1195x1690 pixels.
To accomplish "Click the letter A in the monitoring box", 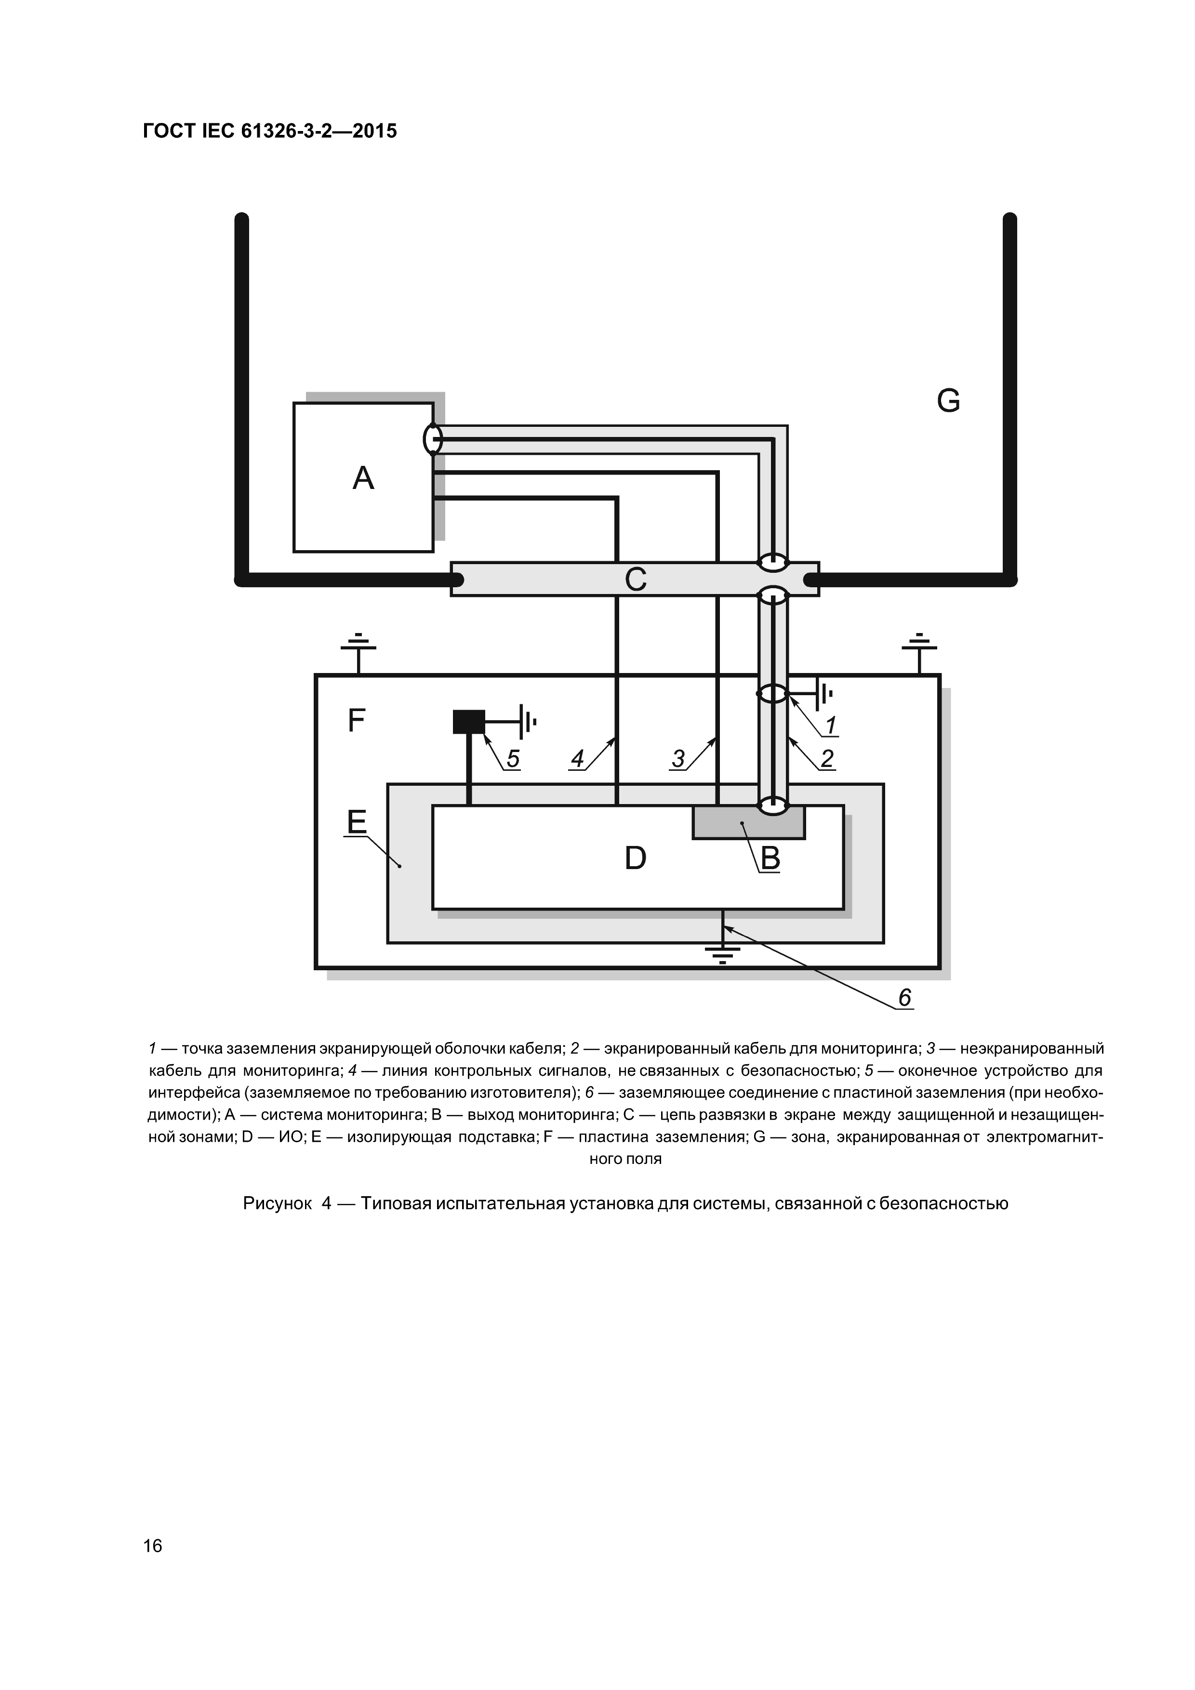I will click(363, 478).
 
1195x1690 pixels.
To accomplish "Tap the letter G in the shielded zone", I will click(948, 401).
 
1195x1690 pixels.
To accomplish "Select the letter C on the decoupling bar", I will click(636, 579).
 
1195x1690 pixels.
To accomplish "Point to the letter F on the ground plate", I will click(357, 721).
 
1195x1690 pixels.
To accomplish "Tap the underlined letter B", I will click(770, 858).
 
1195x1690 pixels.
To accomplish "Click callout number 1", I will click(831, 726).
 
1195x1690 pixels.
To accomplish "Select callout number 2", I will click(827, 759).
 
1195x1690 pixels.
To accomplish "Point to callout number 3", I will click(678, 759).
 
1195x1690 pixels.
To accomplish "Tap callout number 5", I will click(513, 759).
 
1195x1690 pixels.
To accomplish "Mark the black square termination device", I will click(469, 721).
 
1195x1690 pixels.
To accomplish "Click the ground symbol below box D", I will click(722, 955).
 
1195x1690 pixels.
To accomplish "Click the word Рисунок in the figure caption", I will click(277, 1203).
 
